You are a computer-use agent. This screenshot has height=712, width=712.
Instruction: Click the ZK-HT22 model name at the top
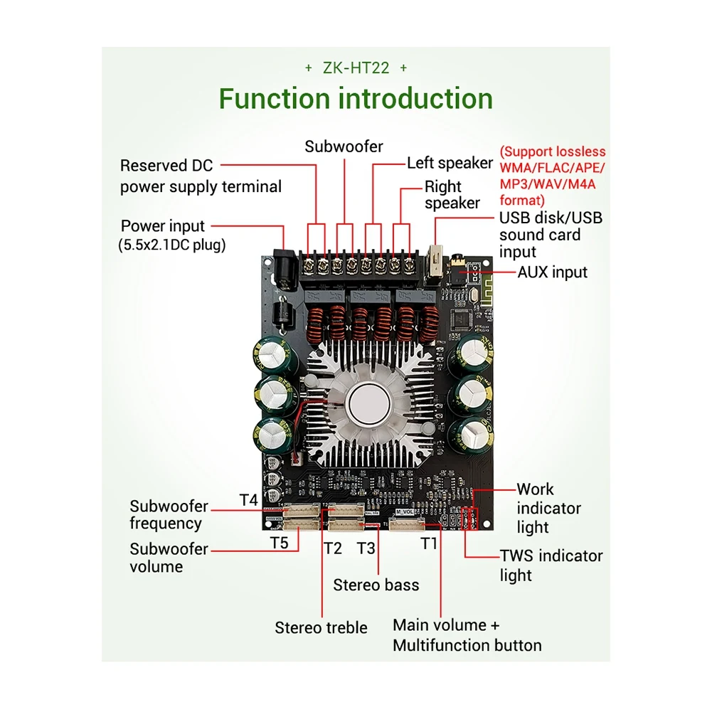point(356,68)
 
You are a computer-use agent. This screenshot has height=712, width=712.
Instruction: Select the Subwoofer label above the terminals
point(344,147)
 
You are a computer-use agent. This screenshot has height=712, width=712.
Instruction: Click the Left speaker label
point(450,163)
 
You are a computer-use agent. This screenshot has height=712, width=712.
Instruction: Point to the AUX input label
point(552,272)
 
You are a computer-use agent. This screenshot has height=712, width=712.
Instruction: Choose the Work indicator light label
point(548,508)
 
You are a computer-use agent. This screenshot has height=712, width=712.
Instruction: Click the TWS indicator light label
point(551,565)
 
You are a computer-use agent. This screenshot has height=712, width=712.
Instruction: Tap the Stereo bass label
point(376,585)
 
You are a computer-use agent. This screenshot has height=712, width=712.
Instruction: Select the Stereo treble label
point(322,627)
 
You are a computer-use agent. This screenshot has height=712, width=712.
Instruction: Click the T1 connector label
point(428,544)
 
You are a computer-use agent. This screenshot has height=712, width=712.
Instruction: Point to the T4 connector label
point(248,500)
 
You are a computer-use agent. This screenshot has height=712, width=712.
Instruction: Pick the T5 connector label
point(279,543)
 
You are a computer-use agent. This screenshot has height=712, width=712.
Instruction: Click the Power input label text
point(163,226)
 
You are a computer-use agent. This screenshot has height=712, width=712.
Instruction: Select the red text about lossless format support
point(552,176)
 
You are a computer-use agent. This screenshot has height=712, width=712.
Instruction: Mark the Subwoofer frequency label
point(169,515)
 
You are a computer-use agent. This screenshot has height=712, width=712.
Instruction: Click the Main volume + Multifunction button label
point(467,635)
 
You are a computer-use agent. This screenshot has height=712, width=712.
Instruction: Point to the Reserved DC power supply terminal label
point(200,176)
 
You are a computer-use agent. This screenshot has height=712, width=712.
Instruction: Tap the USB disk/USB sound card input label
point(550,235)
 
